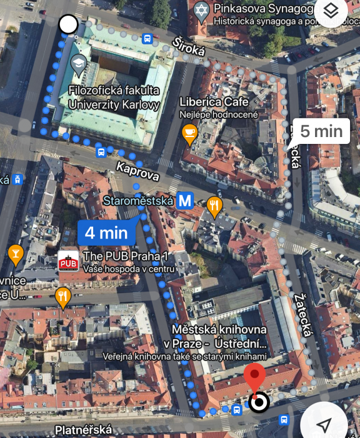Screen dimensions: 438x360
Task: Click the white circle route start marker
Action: (68, 25)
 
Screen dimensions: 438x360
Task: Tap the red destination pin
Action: (254, 377)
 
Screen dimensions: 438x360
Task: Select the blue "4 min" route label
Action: (106, 233)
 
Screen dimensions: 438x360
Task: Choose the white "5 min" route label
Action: (321, 131)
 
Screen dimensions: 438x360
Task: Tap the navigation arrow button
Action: (324, 424)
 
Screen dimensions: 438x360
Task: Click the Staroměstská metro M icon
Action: (184, 201)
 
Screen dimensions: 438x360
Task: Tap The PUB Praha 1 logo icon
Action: (68, 261)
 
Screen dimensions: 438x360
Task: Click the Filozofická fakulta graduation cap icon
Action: (79, 63)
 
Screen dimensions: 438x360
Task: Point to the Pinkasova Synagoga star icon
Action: (201, 10)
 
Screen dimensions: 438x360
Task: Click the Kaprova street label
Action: (137, 171)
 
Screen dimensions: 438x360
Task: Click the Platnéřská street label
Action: (84, 430)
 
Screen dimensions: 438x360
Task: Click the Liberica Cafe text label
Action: (214, 101)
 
